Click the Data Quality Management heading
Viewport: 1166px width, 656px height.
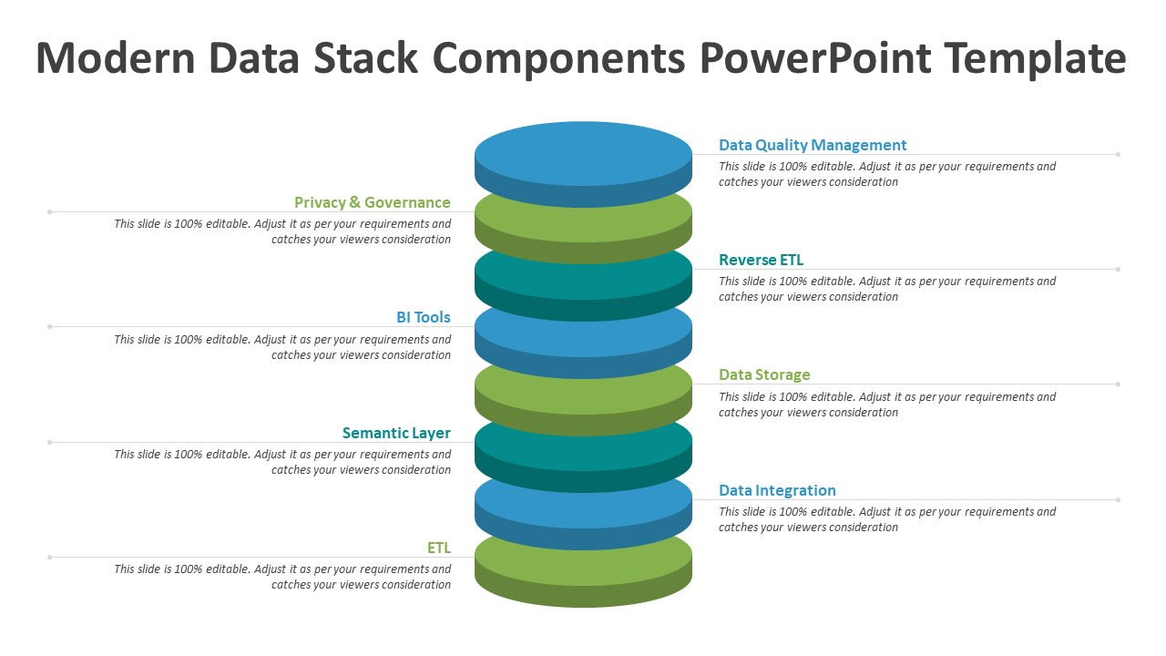coord(812,145)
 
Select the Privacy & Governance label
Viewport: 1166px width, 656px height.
coord(373,202)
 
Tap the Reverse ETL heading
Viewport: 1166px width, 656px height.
coord(761,260)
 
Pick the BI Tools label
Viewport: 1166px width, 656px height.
coord(424,317)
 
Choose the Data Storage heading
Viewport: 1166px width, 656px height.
coord(764,374)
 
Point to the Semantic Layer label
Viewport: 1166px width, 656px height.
coord(396,433)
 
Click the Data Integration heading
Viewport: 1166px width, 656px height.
coord(777,490)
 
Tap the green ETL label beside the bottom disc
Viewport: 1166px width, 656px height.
coord(439,548)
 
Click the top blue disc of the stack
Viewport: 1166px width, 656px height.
coord(583,164)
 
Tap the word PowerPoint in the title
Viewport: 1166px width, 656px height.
coord(815,59)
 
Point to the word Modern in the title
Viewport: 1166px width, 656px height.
coord(115,57)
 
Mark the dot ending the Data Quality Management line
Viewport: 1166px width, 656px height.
coord(1118,155)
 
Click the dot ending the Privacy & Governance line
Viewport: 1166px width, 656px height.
coord(49,212)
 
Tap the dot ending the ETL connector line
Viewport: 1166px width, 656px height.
coord(49,557)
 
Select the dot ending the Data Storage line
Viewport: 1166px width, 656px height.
coord(1118,384)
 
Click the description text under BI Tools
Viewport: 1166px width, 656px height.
coord(282,347)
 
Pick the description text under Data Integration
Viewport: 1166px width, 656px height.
coord(887,519)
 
